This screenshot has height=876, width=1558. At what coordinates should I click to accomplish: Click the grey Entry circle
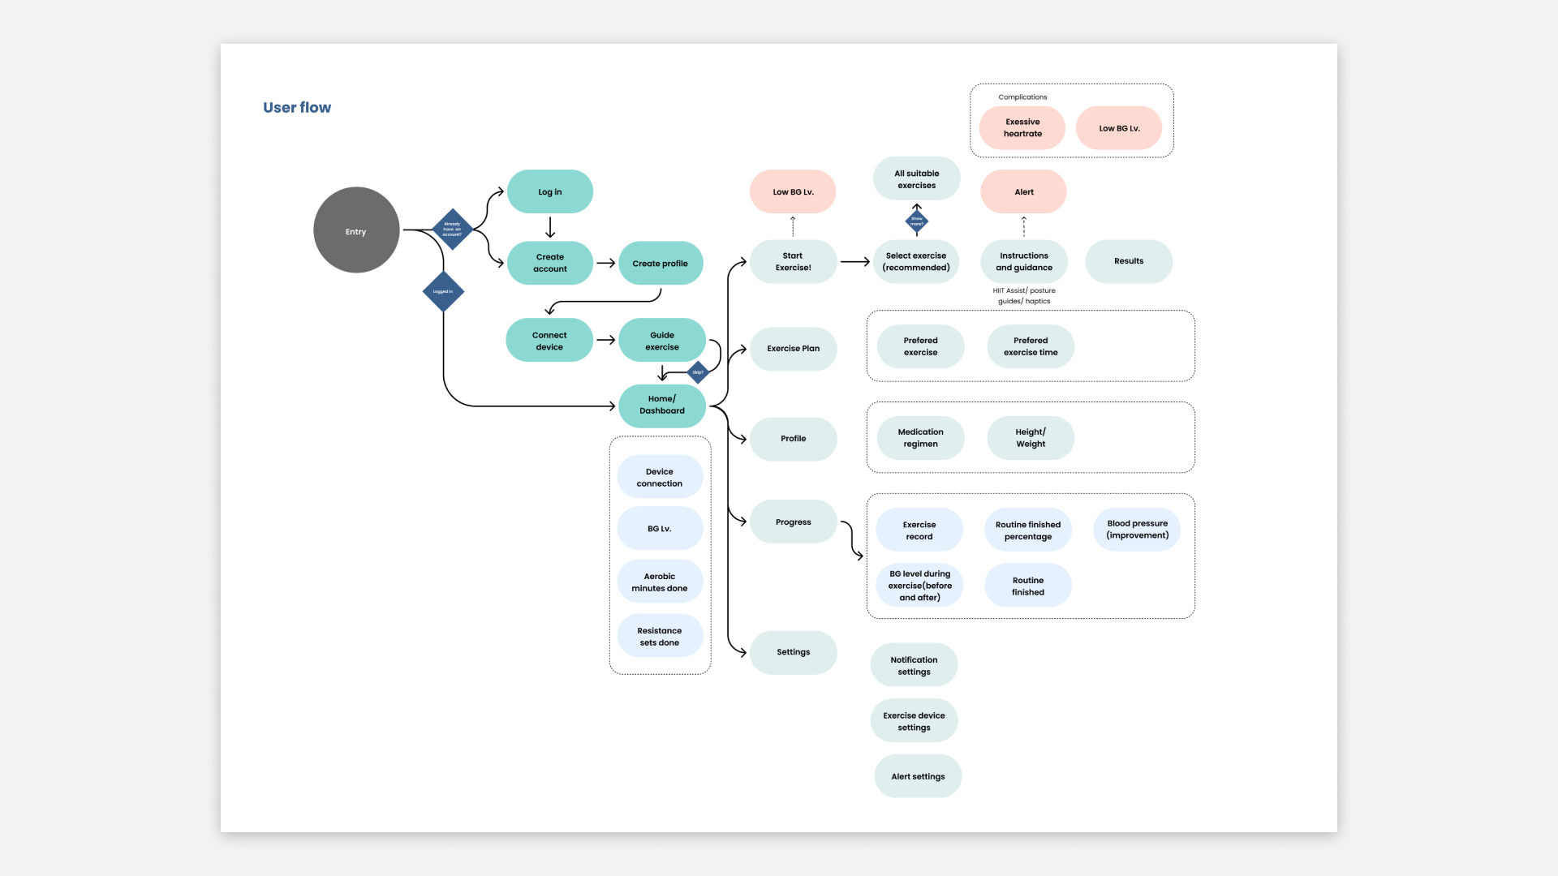pyautogui.click(x=356, y=230)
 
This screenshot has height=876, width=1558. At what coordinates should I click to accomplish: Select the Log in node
pyautogui.click(x=550, y=192)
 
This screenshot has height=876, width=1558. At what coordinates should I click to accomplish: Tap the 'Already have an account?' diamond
pyautogui.click(x=452, y=230)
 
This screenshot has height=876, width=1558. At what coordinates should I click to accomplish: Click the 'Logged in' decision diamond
pyautogui.click(x=443, y=291)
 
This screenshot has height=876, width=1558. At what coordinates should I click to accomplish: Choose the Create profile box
pyautogui.click(x=660, y=264)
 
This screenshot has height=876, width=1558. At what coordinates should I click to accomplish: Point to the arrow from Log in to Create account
pyautogui.click(x=550, y=227)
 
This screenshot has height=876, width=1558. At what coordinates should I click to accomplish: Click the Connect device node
pyautogui.click(x=549, y=341)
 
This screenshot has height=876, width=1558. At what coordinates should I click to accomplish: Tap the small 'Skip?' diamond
pyautogui.click(x=698, y=372)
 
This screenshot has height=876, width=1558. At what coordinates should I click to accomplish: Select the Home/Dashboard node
pyautogui.click(x=661, y=405)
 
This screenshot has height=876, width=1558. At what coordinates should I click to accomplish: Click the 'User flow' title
pyautogui.click(x=297, y=108)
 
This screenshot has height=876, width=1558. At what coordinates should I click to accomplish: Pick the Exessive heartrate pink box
pyautogui.click(x=1022, y=128)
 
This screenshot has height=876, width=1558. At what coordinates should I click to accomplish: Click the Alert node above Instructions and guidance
pyautogui.click(x=1023, y=192)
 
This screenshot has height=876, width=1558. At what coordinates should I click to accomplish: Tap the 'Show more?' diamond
pyautogui.click(x=917, y=221)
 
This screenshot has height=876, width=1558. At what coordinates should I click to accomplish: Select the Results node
pyautogui.click(x=1128, y=261)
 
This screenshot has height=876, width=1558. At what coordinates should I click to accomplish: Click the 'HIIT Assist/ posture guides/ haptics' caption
pyautogui.click(x=1024, y=296)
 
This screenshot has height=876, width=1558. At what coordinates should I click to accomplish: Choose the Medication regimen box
pyautogui.click(x=920, y=438)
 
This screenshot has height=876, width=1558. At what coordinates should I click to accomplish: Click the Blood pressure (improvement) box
pyautogui.click(x=1137, y=530)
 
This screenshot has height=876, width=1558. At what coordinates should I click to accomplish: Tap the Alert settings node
pyautogui.click(x=918, y=777)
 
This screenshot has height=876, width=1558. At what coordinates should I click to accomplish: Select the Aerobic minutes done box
pyautogui.click(x=660, y=582)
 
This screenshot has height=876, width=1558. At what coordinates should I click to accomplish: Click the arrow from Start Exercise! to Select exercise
pyautogui.click(x=854, y=262)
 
